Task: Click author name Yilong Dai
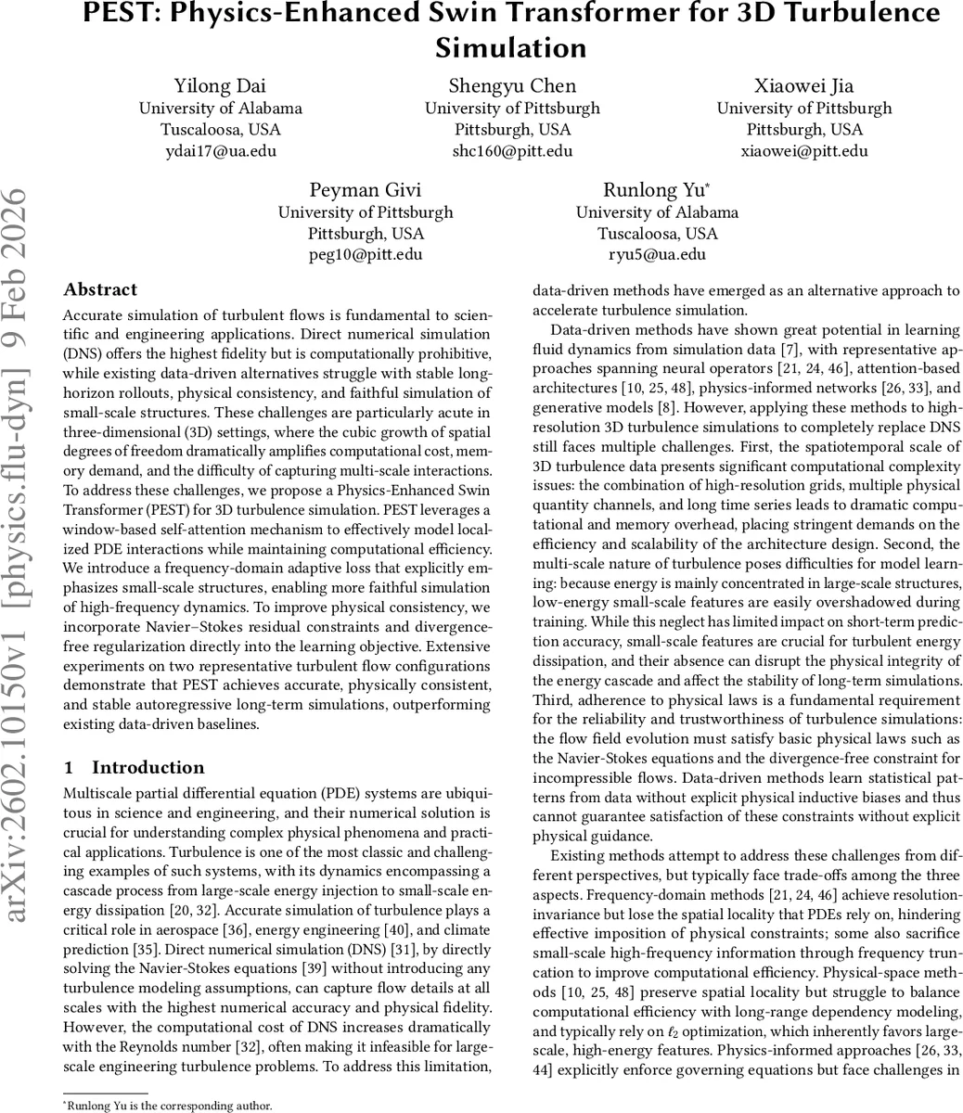pos(220,86)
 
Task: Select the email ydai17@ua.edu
pos(220,150)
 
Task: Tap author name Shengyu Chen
pos(512,86)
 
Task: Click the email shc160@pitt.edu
pos(512,150)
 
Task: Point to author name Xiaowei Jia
pos(803,86)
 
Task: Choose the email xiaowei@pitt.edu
pos(803,150)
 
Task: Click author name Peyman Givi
pos(366,190)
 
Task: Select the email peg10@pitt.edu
pos(366,254)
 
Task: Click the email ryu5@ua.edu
pos(657,254)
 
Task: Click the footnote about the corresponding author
pos(168,1106)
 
